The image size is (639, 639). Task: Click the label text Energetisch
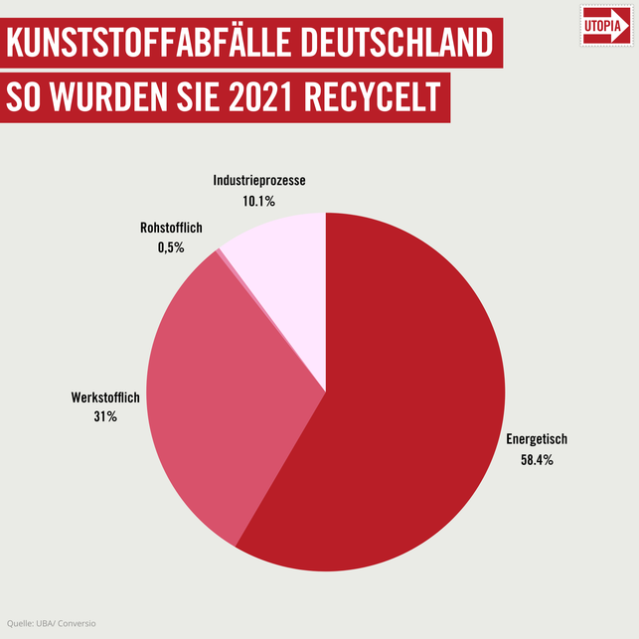point(537,439)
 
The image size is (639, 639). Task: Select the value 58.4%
point(537,460)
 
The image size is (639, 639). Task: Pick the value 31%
point(105,416)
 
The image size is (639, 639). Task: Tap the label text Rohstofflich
point(171,229)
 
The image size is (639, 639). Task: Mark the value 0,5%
point(171,248)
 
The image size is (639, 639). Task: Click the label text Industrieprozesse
point(258,181)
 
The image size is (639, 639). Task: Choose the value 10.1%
point(258,201)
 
